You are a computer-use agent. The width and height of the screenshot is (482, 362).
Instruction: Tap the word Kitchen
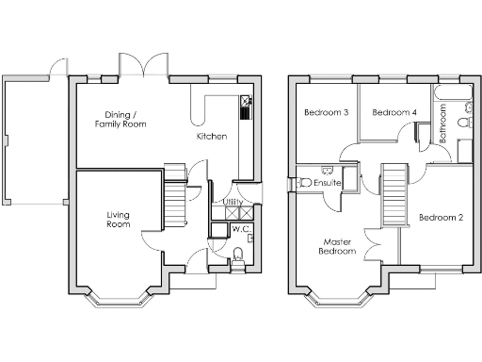(x=211, y=137)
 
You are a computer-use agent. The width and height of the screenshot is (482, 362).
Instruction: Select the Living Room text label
(x=118, y=220)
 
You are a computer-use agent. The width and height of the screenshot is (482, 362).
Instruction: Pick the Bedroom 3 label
(x=326, y=113)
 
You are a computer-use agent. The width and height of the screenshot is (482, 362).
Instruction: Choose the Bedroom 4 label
(x=394, y=113)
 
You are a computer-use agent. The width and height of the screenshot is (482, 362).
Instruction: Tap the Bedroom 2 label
(x=441, y=218)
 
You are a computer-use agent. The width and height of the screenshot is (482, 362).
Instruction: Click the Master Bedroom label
(x=336, y=246)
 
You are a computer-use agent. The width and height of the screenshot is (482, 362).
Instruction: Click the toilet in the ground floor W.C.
(x=237, y=252)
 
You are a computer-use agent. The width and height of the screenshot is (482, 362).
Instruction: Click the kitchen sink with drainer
(x=245, y=106)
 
